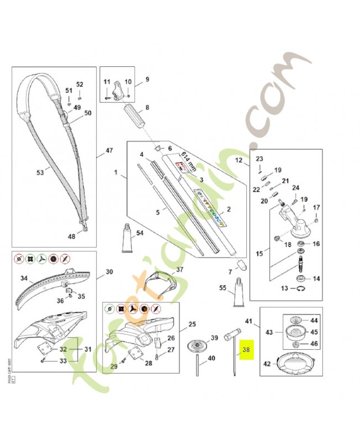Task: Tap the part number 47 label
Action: pos(109,150)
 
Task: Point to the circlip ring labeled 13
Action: pos(299,289)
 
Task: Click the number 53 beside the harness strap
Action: pos(40,172)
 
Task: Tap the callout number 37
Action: pos(179,270)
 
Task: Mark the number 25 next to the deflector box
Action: pos(192,324)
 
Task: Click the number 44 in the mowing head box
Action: pos(314,320)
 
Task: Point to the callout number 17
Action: pos(316,207)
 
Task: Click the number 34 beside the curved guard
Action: pos(24,277)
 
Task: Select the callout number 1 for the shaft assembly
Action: pos(116,173)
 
